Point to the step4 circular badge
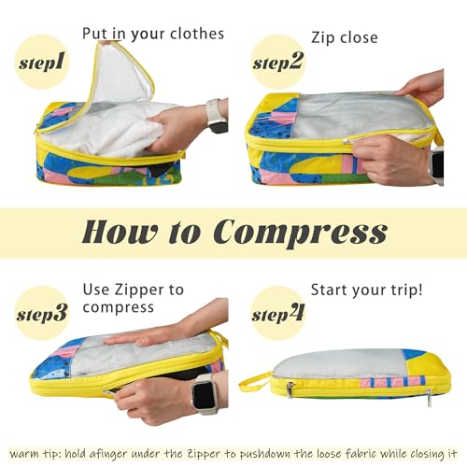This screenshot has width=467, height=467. click(278, 313)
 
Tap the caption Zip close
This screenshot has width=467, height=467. click(344, 37)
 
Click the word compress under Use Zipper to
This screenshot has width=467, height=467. click(120, 307)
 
